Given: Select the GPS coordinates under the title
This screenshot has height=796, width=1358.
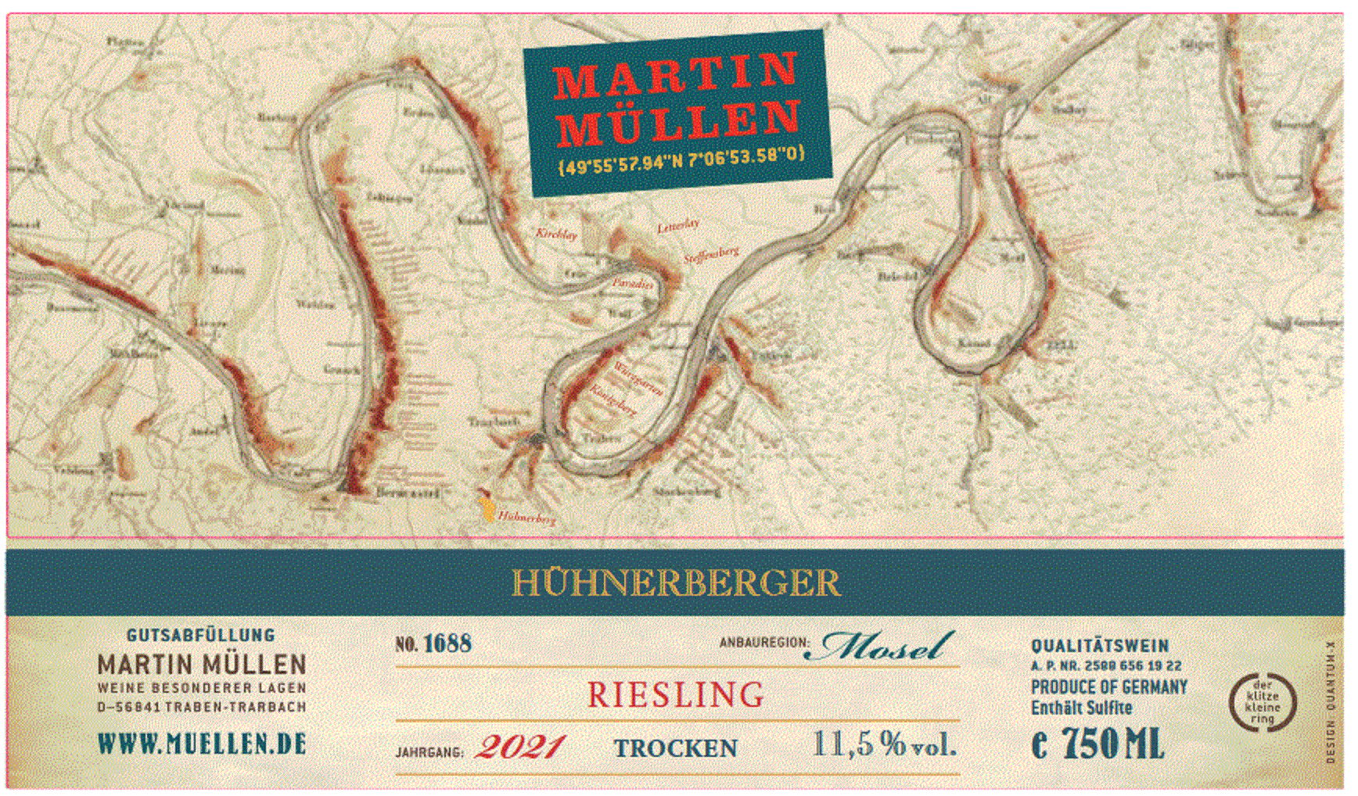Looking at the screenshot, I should coord(681,161).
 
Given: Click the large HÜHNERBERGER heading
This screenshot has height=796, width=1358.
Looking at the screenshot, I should coord(676,583).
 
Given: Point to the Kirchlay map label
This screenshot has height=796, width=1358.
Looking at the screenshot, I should coord(556,233).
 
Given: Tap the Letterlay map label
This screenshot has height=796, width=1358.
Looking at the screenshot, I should coord(677,226).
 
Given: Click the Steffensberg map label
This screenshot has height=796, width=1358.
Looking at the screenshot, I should coord(710,255).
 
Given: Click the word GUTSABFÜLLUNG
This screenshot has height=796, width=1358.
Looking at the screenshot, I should coord(201,635).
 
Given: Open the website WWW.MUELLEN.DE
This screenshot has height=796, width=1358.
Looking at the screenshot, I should coord(202,744).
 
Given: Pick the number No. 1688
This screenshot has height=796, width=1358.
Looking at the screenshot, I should coord(433,644).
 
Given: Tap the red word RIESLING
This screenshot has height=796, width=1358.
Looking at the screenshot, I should coord(676,695).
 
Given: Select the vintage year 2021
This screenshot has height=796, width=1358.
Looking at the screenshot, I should coord(520,747).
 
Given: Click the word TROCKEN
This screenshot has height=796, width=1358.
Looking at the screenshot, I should coord(675,748).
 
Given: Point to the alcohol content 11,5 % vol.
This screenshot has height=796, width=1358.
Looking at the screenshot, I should coord(884,744).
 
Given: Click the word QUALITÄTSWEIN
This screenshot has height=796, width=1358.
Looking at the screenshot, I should coord(1100,646).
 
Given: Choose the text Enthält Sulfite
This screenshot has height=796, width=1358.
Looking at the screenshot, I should coord(1081,708).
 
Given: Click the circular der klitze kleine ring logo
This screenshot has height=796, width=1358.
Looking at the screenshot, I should coord(1262,702).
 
